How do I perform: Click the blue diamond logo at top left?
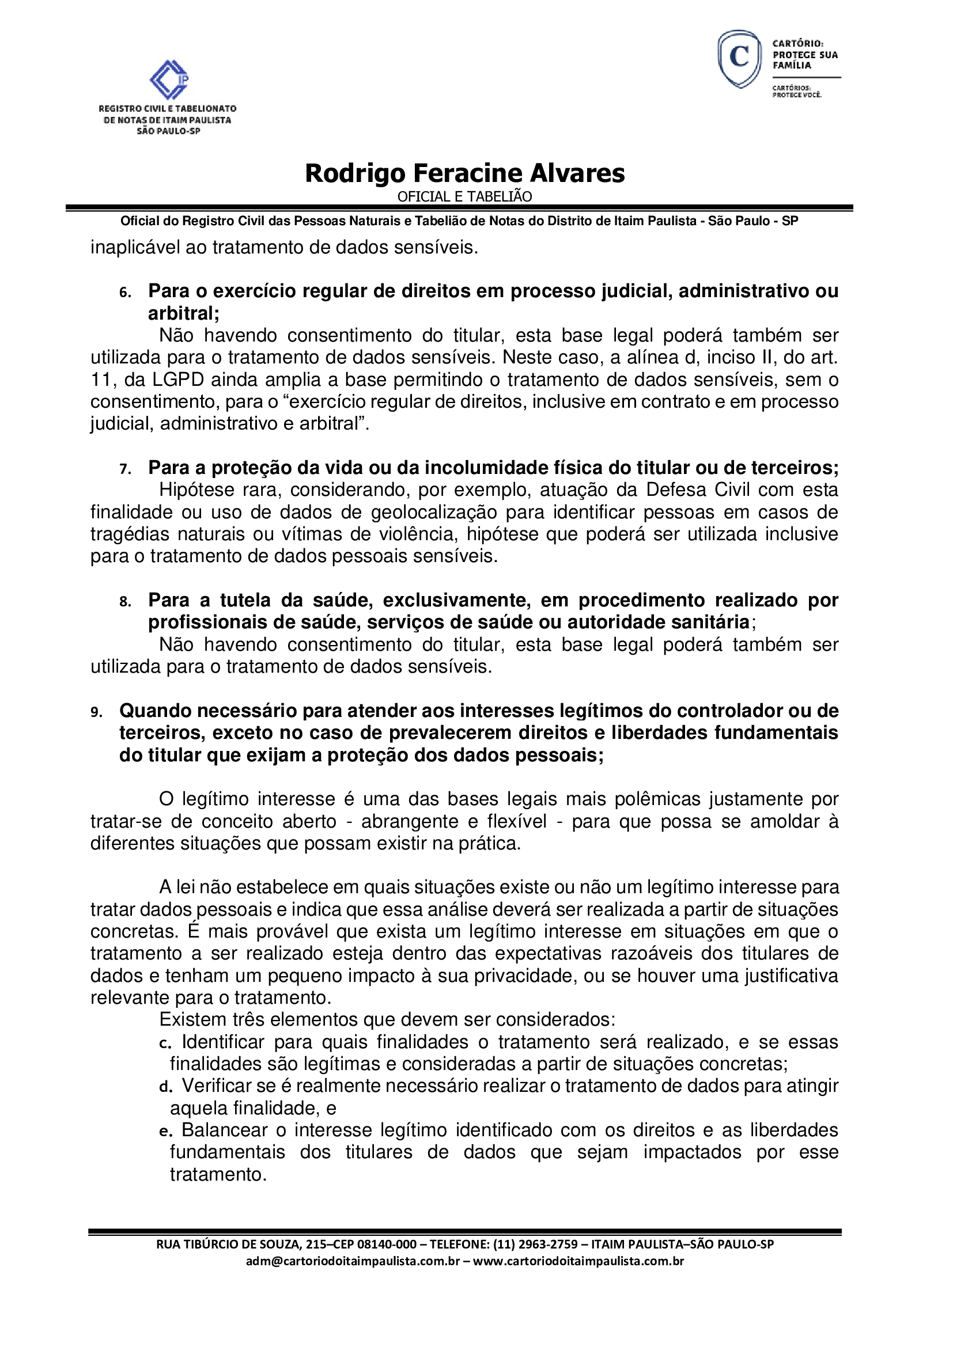pyautogui.click(x=169, y=80)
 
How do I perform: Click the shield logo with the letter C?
pyautogui.click(x=739, y=59)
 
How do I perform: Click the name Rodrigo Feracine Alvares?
pyautogui.click(x=465, y=173)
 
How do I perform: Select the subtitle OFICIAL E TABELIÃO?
pyautogui.click(x=465, y=196)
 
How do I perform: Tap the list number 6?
pyautogui.click(x=124, y=293)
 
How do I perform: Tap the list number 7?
pyautogui.click(x=124, y=469)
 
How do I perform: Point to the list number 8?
pyautogui.click(x=124, y=602)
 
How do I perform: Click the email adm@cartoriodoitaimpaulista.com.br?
pyautogui.click(x=353, y=1261)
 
